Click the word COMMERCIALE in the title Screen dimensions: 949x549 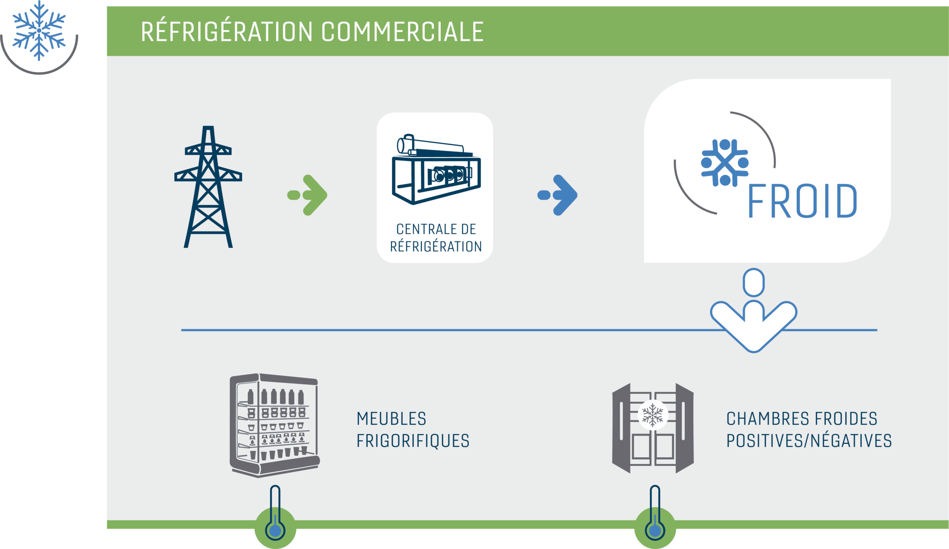point(402,32)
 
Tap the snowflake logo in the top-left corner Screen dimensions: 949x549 point(39,31)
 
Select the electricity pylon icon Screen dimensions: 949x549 point(208,187)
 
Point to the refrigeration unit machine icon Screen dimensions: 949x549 point(436,169)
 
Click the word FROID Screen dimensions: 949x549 point(803,201)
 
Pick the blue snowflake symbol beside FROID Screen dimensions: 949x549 point(725,163)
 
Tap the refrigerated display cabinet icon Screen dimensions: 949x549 point(275,425)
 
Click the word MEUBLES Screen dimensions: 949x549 point(391,419)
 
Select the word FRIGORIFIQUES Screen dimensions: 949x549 point(413,441)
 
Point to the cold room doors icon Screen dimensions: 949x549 point(653,428)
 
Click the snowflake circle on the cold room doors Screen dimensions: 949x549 point(653,414)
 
